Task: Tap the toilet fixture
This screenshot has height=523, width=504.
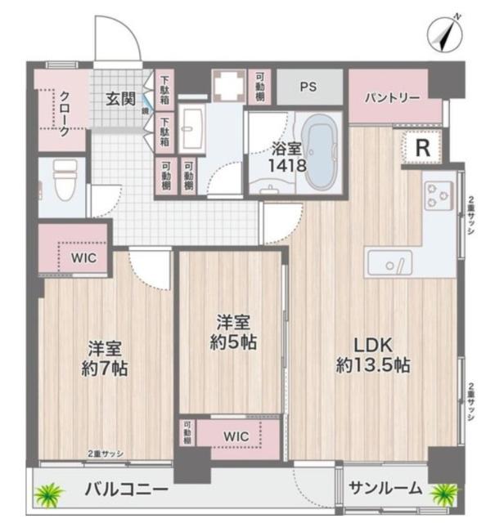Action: tap(62, 180)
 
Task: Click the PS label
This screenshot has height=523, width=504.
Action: tap(308, 85)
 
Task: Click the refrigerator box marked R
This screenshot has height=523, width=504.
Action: tap(422, 148)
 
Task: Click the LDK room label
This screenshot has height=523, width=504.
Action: tap(372, 343)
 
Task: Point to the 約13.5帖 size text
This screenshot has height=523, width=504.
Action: tap(373, 365)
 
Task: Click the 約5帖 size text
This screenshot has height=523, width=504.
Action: tap(232, 343)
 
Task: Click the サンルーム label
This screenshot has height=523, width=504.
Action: tap(385, 489)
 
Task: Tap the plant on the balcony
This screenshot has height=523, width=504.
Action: tap(48, 493)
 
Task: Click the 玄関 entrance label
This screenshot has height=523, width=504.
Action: tap(120, 98)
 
